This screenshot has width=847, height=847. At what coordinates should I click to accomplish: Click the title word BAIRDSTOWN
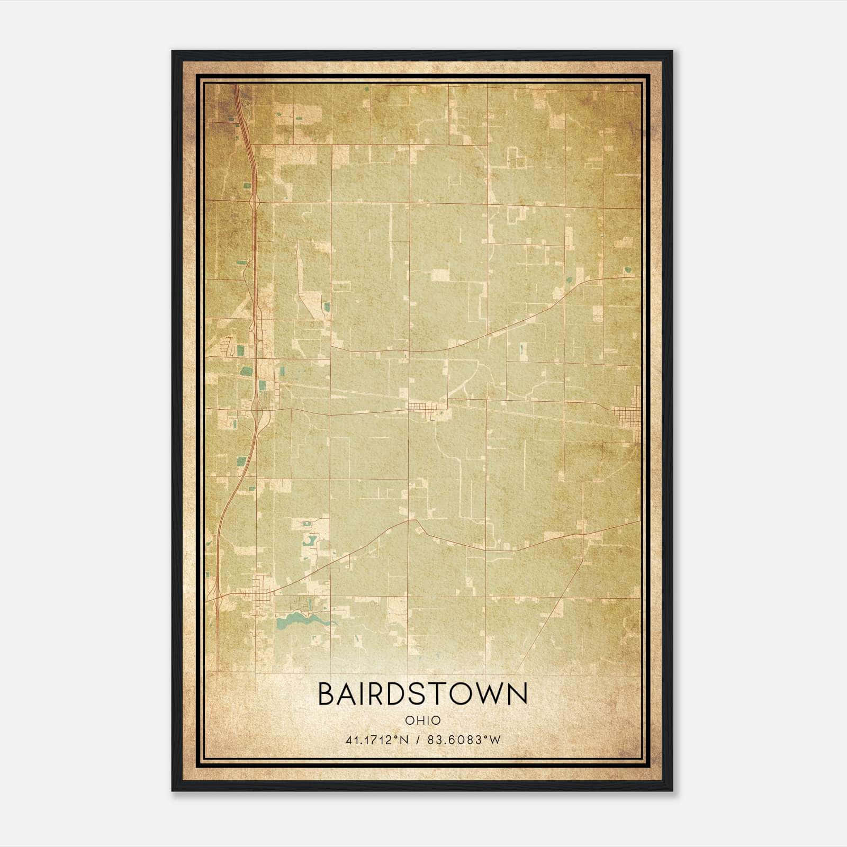click(x=423, y=693)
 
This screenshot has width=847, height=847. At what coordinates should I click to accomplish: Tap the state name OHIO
click(x=423, y=720)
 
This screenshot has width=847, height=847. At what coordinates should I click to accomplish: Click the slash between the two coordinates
click(x=418, y=740)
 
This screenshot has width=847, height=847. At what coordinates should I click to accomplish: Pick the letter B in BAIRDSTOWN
click(x=327, y=693)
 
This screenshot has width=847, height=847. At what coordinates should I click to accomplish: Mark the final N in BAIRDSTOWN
click(x=517, y=693)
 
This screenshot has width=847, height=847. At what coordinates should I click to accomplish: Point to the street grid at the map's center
click(x=424, y=408)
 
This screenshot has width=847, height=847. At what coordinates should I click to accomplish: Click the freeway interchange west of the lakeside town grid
click(x=217, y=598)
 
